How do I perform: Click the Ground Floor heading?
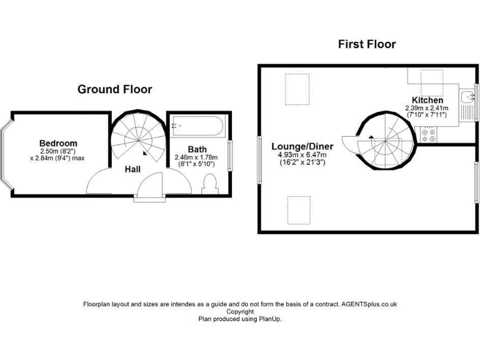[114, 89]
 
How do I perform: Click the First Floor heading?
[367, 44]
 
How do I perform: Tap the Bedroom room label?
[58, 143]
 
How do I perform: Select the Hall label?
[132, 169]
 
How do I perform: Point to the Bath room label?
[197, 149]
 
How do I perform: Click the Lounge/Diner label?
[302, 147]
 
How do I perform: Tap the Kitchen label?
[427, 100]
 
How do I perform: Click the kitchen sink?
[467, 97]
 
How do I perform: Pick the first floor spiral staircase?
[382, 141]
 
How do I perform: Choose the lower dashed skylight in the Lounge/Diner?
[298, 209]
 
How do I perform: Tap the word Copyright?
[240, 311]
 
